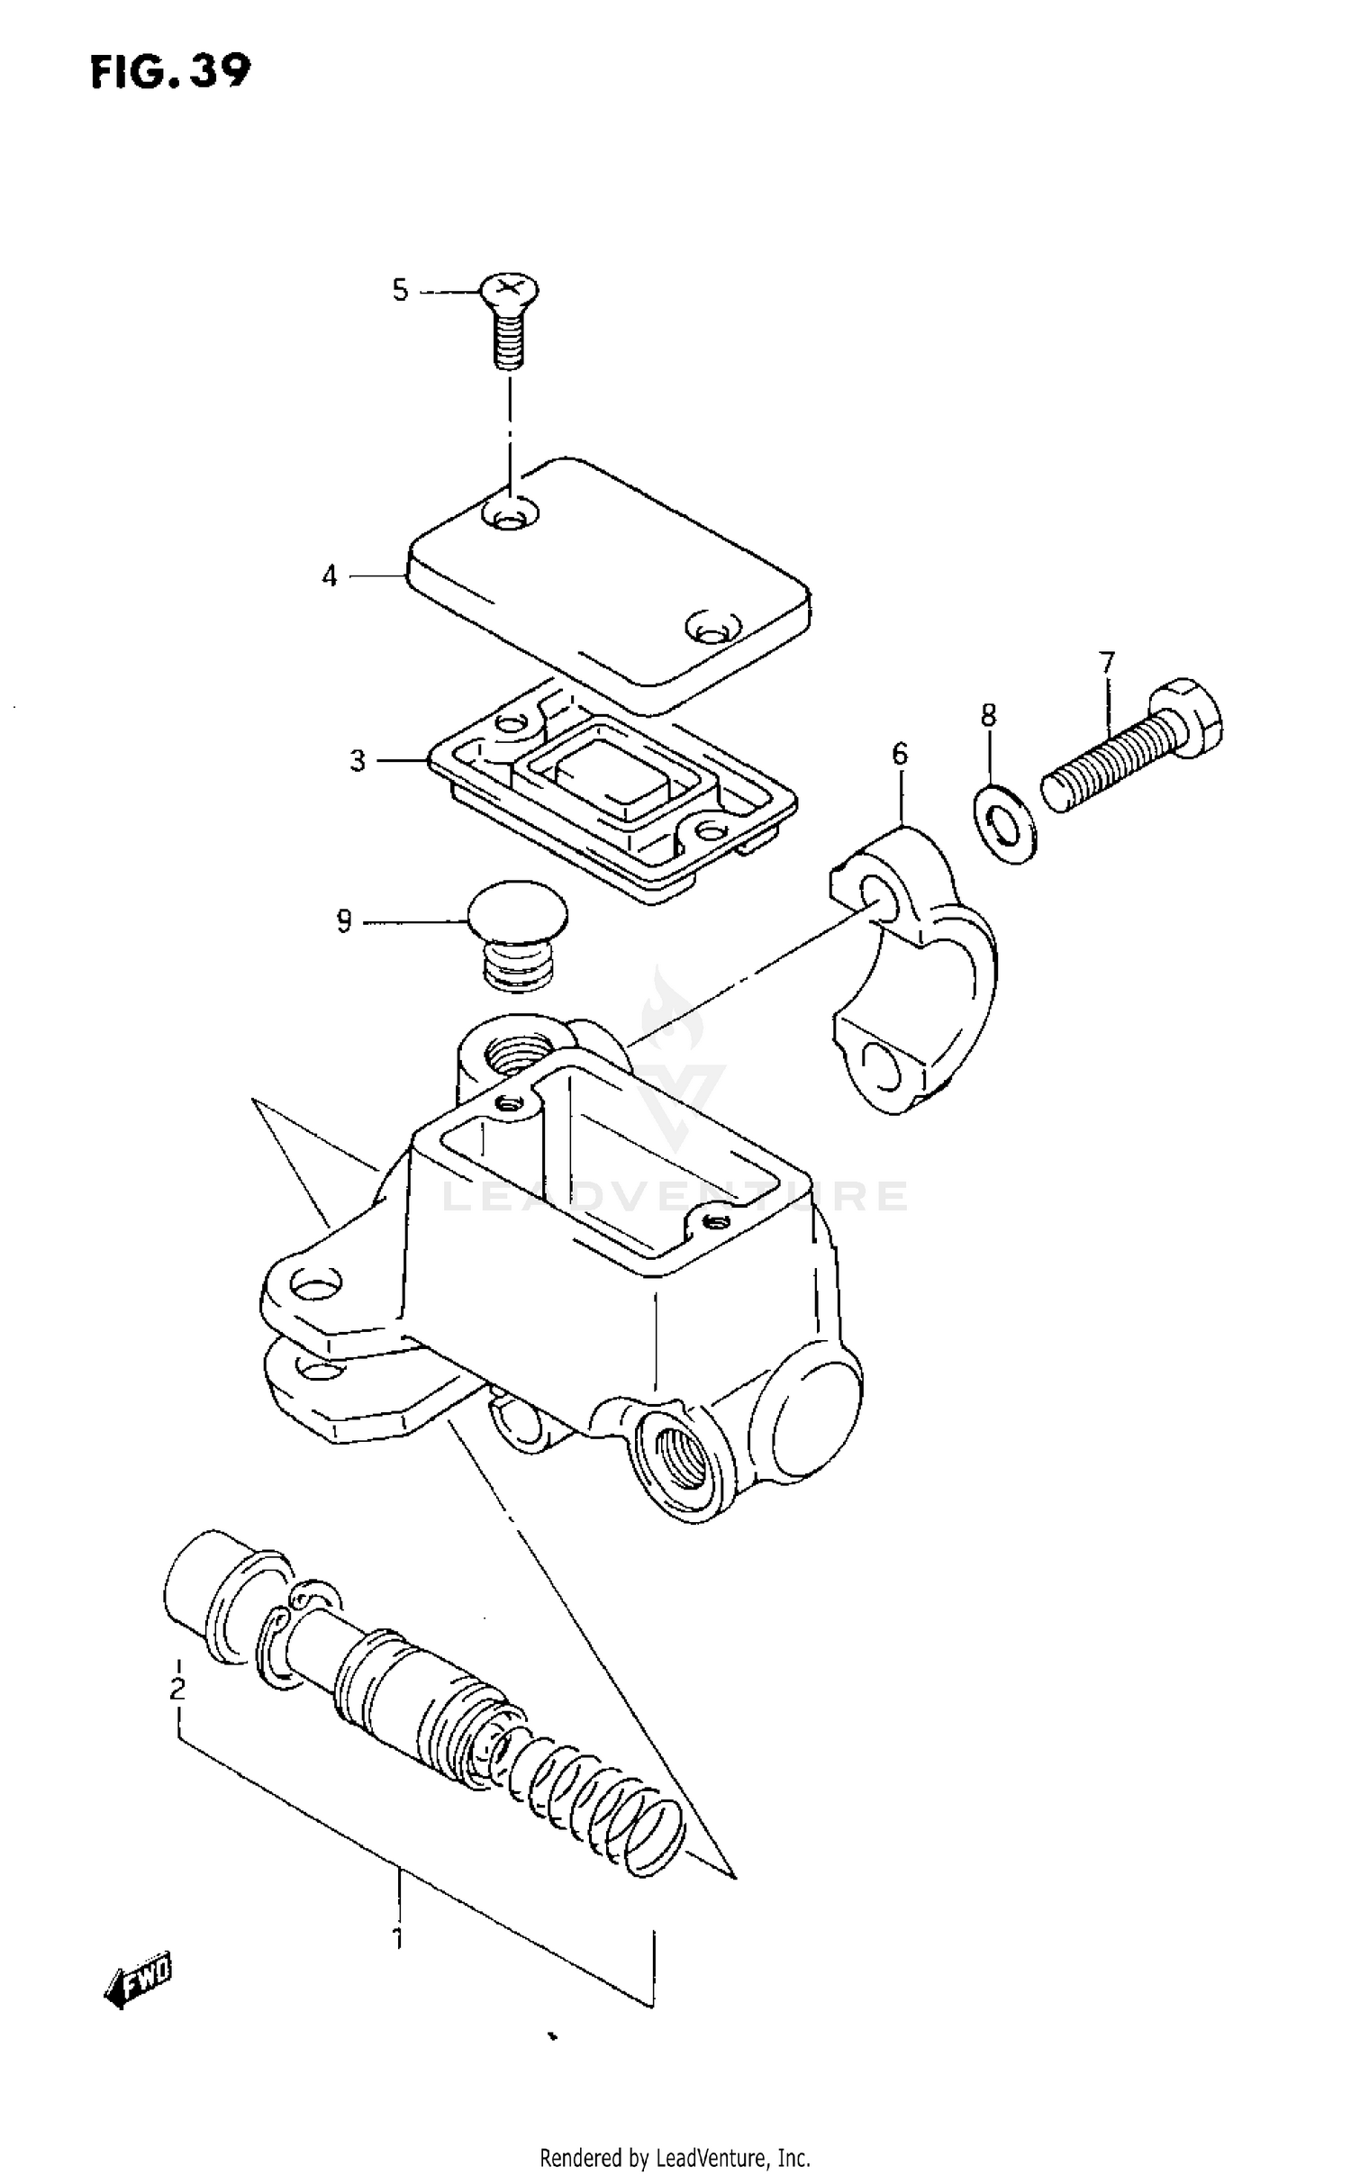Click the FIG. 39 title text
click(x=170, y=71)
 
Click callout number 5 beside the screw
click(x=400, y=291)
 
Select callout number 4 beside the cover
click(x=330, y=575)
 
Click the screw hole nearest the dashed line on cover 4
click(x=510, y=516)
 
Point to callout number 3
click(x=358, y=761)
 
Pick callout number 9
click(x=343, y=921)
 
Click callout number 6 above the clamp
click(x=900, y=755)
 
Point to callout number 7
click(x=1107, y=664)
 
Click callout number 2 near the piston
click(x=177, y=1689)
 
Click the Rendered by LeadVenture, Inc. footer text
click(x=675, y=2157)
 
